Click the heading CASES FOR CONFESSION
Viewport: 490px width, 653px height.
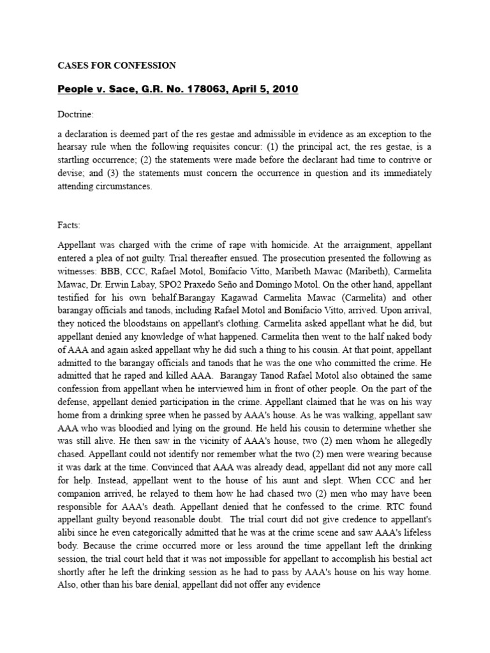[117, 66]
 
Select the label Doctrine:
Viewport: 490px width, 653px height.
[76, 114]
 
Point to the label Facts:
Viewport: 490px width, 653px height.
[70, 225]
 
